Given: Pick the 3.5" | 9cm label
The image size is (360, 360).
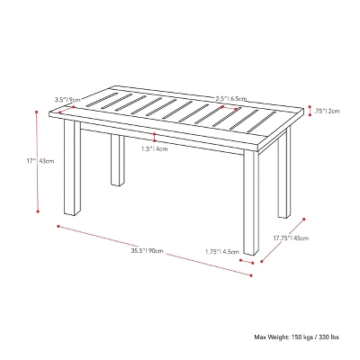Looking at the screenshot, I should [68, 100].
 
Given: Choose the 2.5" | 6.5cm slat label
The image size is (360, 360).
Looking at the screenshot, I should [231, 99].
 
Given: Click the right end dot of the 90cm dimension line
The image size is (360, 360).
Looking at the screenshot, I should [251, 275].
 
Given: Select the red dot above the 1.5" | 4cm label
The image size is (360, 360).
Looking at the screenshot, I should [156, 136].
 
